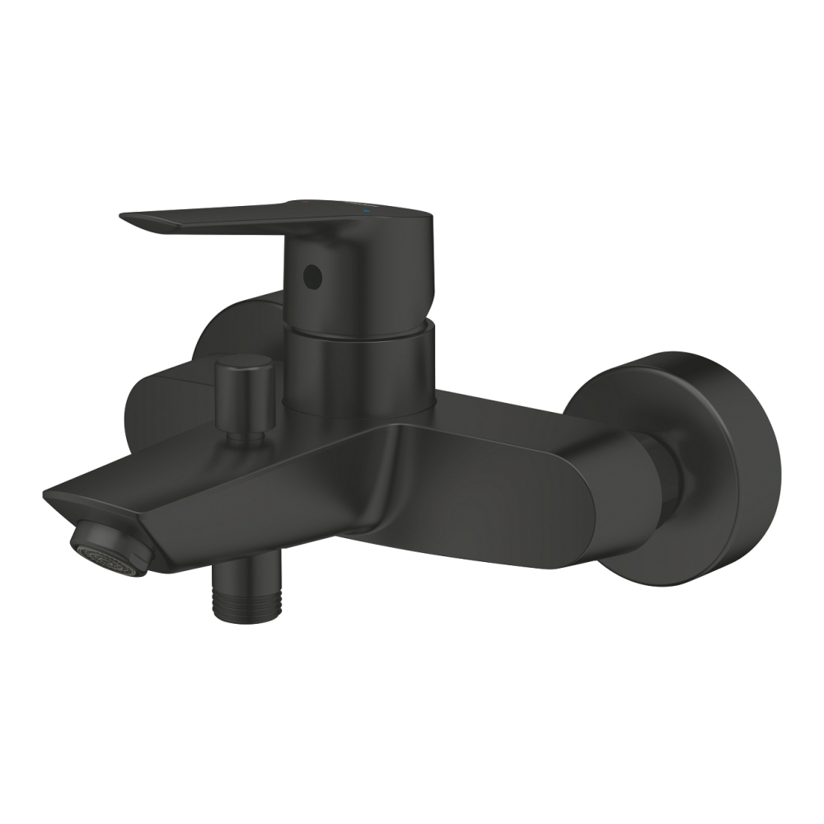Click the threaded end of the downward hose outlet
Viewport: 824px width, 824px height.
coord(247,602)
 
